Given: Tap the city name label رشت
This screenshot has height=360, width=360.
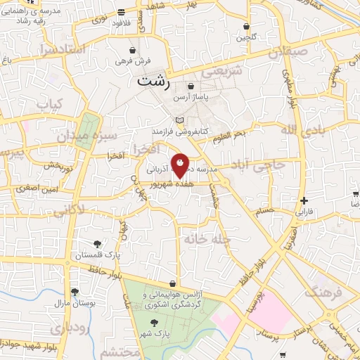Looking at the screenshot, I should click(x=154, y=81).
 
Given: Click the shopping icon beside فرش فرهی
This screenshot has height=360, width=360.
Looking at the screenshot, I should click(x=132, y=51).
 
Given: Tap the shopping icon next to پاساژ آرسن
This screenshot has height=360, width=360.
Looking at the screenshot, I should click(x=191, y=86).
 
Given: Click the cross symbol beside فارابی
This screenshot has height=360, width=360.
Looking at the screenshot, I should click(x=303, y=200).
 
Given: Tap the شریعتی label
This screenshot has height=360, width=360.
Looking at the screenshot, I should click(x=221, y=71).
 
